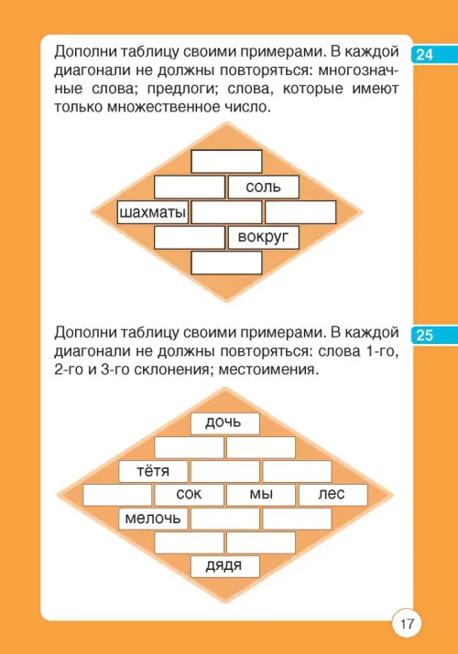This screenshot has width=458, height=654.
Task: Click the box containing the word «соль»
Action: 264,187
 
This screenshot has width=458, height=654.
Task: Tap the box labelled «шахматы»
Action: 152,212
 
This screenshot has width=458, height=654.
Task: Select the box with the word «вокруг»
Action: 264,237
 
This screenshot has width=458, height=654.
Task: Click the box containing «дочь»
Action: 225,423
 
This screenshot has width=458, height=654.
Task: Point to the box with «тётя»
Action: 153,471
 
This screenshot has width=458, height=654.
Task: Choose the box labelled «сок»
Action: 189,495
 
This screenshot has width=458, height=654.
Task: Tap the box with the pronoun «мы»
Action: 261,495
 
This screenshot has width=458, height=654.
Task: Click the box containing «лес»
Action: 333,495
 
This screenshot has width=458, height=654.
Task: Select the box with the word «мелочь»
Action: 153,519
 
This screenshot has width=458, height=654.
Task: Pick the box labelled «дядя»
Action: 225,566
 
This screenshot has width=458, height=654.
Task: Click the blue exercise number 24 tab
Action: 434,54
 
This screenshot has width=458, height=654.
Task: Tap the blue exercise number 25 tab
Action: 434,335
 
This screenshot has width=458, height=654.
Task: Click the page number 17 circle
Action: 407,624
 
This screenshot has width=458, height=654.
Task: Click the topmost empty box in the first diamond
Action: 226,161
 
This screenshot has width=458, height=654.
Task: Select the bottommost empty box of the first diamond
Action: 226,263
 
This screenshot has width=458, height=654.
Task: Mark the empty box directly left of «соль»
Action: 190,187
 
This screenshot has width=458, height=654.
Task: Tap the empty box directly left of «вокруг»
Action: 190,237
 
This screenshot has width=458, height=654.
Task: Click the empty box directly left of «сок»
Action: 117,495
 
